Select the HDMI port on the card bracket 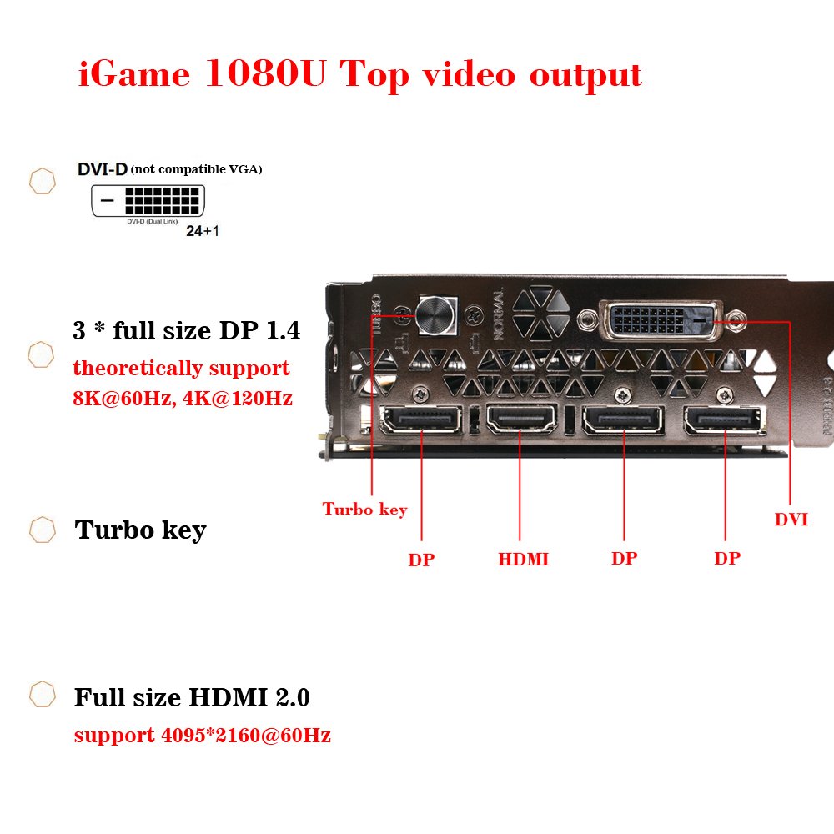click(521, 419)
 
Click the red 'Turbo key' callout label click(365, 509)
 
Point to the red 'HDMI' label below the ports click(524, 560)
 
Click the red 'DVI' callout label click(791, 520)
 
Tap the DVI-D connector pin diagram click(148, 201)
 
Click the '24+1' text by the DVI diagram click(203, 231)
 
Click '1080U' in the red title click(267, 75)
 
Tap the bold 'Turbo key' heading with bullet click(140, 530)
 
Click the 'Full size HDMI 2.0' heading click(192, 697)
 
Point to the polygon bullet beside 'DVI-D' click(42, 181)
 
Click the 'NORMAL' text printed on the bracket click(499, 314)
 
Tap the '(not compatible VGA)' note click(197, 169)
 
